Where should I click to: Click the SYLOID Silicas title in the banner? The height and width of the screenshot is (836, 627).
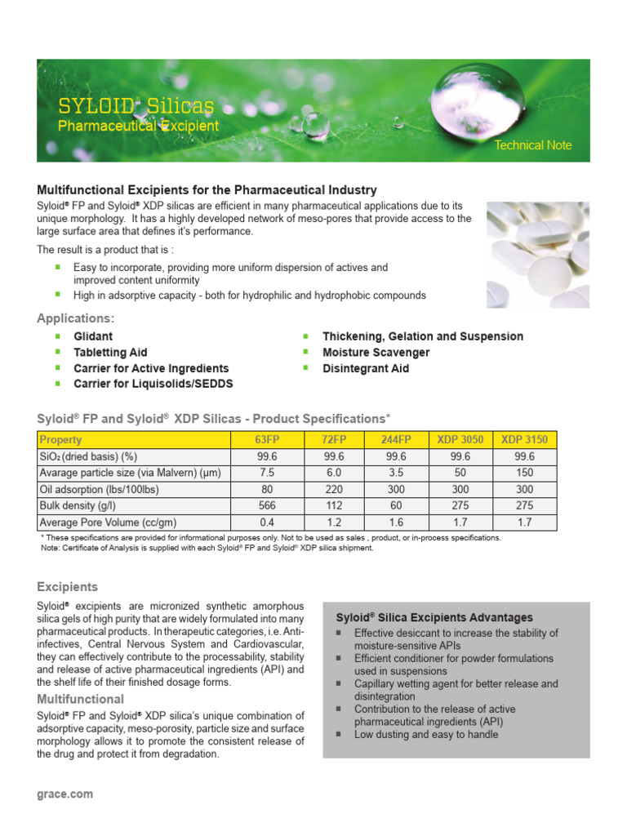pos(136,106)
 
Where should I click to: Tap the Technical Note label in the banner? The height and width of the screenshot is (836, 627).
pos(532,145)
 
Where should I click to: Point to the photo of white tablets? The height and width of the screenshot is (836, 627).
pos(537,254)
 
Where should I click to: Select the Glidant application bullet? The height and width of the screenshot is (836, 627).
pos(93,336)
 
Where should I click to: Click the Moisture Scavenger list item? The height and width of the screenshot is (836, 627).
pos(376,353)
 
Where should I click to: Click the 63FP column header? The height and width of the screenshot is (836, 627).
pos(266,440)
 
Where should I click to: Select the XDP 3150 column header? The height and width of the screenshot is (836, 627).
pos(525,440)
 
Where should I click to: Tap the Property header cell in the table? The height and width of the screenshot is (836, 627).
pos(61,440)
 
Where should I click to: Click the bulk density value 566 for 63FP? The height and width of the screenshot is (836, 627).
pos(266,505)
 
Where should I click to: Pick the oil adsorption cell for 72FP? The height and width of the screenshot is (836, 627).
pos(334,489)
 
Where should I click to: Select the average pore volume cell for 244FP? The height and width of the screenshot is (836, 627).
pos(395,522)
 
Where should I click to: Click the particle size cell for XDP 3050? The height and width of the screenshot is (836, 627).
pos(460,473)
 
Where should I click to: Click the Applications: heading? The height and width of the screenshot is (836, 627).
pos(76,318)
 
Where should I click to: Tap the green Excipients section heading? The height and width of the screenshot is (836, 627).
pos(67,587)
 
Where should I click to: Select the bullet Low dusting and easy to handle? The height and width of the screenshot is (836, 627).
pos(425,734)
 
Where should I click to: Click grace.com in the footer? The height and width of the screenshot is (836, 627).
pos(65,794)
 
